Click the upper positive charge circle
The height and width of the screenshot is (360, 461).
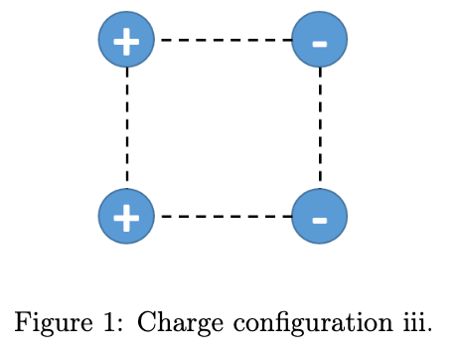126,40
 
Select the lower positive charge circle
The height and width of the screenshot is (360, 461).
126,216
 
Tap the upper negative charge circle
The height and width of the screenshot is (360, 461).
320,40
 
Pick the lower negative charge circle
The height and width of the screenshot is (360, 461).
320,216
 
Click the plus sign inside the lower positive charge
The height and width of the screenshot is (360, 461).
126,217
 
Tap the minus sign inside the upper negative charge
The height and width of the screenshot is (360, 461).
320,43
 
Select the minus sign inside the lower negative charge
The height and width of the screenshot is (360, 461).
320,219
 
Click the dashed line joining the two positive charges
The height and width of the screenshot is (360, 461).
127,127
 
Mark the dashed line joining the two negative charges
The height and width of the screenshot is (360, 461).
320,127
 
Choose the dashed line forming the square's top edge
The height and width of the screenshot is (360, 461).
224,40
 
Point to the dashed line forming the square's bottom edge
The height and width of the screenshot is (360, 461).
224,216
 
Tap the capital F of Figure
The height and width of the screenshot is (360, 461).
21,322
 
